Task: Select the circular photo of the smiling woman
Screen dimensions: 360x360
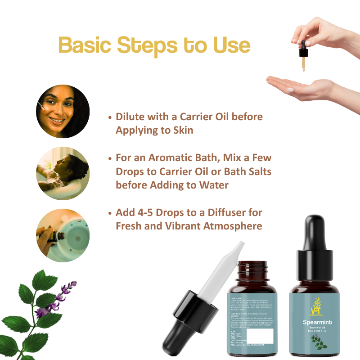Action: [x=63, y=111]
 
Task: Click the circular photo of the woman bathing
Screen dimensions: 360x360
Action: [x=63, y=173]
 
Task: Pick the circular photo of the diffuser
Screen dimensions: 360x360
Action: [x=63, y=235]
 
